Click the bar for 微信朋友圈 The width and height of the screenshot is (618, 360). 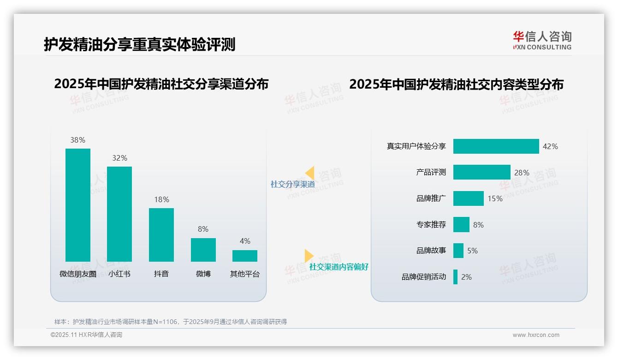[78, 205]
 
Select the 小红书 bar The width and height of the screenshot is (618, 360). [119, 214]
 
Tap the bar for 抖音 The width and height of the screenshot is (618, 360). [161, 235]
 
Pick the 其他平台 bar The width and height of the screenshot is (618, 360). [245, 256]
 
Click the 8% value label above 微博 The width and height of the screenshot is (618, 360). [203, 229]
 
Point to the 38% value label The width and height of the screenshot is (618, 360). [78, 140]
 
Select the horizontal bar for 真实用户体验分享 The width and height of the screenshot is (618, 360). [496, 146]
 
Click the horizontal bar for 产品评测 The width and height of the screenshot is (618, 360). [481, 172]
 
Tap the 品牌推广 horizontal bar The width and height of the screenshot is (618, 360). [468, 198]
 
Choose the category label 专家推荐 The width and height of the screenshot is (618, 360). [431, 225]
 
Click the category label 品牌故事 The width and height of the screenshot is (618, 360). [431, 251]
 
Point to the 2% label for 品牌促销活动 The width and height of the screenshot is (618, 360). [466, 277]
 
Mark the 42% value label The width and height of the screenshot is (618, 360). [550, 146]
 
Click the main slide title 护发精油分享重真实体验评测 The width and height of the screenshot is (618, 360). [139, 44]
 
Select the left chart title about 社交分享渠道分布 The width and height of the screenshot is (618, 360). [161, 84]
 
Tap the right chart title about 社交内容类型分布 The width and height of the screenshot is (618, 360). [456, 84]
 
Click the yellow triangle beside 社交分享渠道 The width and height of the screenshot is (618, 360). [310, 173]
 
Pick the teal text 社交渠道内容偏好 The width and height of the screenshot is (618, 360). [339, 267]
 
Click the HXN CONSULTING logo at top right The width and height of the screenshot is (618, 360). [542, 40]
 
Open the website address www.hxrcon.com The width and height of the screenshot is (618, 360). [535, 335]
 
